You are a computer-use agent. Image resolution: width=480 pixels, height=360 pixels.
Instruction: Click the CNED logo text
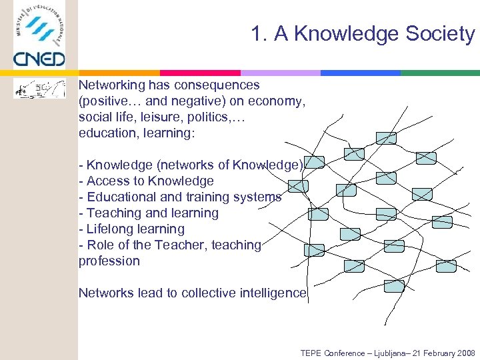point(39,59)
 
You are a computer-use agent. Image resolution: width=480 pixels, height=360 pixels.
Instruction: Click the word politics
point(199,117)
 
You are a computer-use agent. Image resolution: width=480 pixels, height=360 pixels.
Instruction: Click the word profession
point(109,261)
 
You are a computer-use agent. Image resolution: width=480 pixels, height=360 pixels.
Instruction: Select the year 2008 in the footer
point(465,353)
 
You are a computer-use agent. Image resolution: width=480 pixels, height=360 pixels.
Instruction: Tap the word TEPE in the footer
point(311,353)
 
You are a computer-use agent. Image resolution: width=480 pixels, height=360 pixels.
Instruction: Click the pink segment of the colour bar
point(200,73)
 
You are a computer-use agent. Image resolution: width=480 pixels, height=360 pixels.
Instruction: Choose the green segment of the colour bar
point(440,73)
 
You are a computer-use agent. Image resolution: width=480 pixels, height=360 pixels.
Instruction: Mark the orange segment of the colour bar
point(120,73)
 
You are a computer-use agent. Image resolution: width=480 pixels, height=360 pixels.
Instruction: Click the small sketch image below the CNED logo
point(40,89)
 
